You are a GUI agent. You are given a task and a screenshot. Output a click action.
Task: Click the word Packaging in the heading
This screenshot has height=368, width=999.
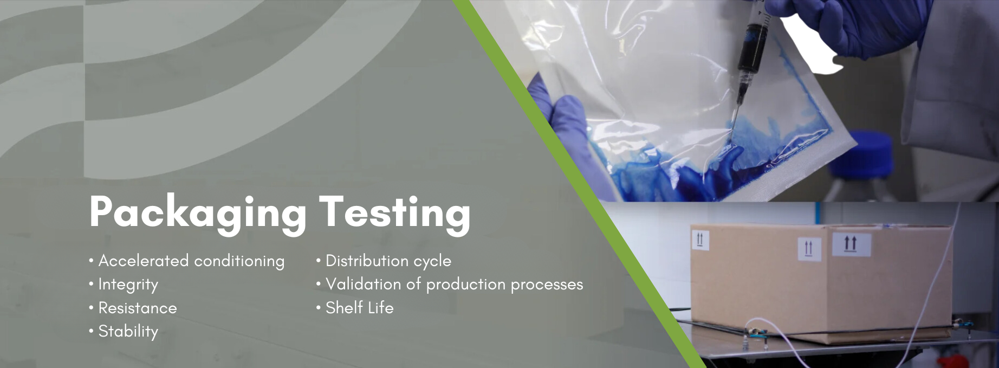coord(198,213)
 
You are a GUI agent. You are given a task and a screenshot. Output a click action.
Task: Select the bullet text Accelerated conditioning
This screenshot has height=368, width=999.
coord(191,261)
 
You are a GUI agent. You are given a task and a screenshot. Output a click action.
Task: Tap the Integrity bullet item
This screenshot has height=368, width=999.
coord(128,285)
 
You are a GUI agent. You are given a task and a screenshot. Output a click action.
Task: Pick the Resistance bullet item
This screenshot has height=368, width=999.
coord(138,308)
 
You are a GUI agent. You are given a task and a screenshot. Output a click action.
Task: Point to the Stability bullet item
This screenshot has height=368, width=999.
coord(128,331)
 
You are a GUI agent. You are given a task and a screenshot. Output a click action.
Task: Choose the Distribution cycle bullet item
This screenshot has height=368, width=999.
coord(388,261)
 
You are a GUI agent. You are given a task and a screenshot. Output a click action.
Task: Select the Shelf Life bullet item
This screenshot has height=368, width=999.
coord(359,308)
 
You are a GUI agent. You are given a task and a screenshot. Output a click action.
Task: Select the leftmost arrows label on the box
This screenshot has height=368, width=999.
coord(700,239)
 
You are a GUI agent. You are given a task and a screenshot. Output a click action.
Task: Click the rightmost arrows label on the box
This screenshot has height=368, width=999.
coord(851,244)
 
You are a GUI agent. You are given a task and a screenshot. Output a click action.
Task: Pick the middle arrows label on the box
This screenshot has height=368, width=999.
coord(809,249)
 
